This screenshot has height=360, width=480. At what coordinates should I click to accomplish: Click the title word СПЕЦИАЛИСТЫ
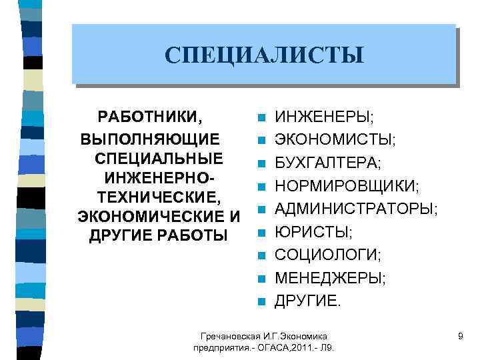[265, 55]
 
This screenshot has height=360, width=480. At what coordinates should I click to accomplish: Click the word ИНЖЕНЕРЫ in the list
[323, 118]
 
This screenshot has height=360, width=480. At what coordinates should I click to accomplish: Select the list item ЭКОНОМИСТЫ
[334, 140]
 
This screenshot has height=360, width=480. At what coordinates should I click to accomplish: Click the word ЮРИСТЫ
[313, 232]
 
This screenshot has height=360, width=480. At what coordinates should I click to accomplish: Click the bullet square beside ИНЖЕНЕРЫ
[262, 119]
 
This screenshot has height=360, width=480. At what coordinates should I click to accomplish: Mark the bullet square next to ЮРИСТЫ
[262, 233]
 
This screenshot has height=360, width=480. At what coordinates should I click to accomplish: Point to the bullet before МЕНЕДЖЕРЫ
[262, 278]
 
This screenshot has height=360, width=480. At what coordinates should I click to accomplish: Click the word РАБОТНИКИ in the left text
[150, 117]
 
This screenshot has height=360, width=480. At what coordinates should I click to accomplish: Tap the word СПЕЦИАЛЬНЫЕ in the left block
[159, 159]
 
